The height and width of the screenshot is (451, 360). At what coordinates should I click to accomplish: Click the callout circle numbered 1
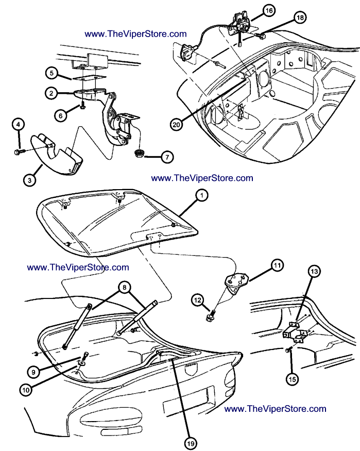[x=203, y=196]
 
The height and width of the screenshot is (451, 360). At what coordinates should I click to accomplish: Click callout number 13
[x=314, y=271]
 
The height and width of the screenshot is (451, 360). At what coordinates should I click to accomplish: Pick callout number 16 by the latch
[x=268, y=10]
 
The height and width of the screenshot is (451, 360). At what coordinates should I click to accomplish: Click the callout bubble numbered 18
[x=300, y=18]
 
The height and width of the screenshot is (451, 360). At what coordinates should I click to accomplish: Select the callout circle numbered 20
[x=177, y=124]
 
